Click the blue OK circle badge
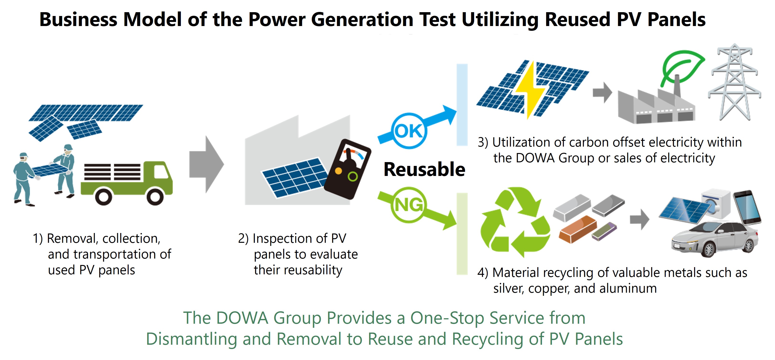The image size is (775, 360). coord(408,131)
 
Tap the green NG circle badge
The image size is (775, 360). coord(408,205)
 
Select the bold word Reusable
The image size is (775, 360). coord(424,169)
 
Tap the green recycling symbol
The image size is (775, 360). coord(515,222)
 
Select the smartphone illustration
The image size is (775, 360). coord(747,208)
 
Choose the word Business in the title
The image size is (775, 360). coord(78,20)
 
